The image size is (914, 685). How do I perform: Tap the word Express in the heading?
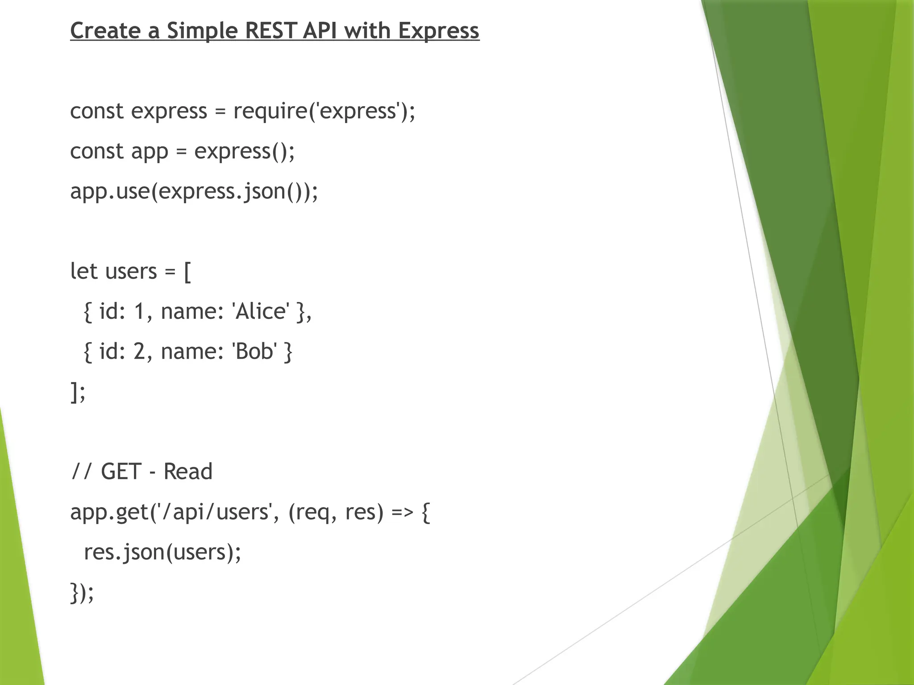[x=438, y=31]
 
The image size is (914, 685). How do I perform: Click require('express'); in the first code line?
[x=324, y=111]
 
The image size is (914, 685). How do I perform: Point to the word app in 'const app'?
[x=150, y=151]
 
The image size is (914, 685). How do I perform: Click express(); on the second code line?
[x=245, y=151]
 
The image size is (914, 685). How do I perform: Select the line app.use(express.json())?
[x=194, y=191]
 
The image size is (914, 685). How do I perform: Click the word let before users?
[x=83, y=271]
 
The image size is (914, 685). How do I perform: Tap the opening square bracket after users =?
[x=187, y=272]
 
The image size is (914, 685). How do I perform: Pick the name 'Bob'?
[x=255, y=351]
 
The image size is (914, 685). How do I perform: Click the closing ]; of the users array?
[x=78, y=392]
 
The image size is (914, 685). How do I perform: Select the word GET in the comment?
[x=121, y=472]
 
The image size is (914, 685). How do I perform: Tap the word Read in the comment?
[x=188, y=472]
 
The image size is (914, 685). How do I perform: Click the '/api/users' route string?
[x=211, y=512]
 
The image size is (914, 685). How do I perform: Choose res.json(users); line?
[x=162, y=552]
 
